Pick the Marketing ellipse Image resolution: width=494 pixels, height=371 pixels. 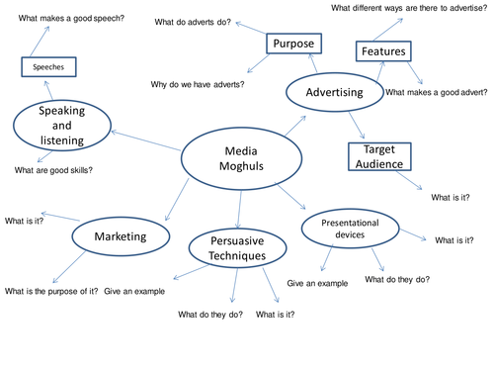pyautogui.click(x=120, y=237)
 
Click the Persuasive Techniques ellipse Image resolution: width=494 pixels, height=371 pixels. pyautogui.click(x=239, y=247)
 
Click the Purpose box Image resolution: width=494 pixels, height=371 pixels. pyautogui.click(x=295, y=45)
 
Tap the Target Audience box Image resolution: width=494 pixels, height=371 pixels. pyautogui.click(x=378, y=155)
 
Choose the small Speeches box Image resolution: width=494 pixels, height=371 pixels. pyautogui.click(x=48, y=68)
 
